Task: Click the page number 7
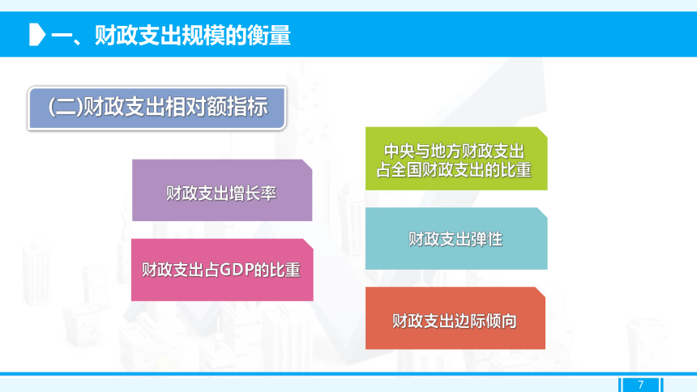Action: (x=640, y=385)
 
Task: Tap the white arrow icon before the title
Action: (x=37, y=35)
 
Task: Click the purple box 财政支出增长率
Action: (x=222, y=190)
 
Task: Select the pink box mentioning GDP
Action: (x=222, y=270)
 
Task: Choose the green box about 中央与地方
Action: (x=456, y=159)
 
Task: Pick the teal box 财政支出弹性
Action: (x=456, y=239)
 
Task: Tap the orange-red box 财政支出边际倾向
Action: (x=455, y=318)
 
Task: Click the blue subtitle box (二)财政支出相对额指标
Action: (x=157, y=108)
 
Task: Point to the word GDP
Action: (x=237, y=270)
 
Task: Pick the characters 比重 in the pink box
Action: (x=285, y=270)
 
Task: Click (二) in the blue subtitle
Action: (x=66, y=107)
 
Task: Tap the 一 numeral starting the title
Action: (x=62, y=36)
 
